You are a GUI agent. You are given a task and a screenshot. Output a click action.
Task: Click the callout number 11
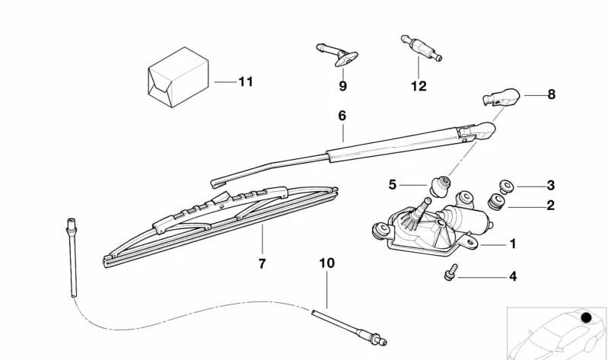point(244,81)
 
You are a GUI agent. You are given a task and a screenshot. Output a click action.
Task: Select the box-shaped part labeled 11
point(178,78)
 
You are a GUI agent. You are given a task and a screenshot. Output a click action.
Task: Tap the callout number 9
point(342,86)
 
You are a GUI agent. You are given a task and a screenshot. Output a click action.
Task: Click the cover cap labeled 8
point(501,97)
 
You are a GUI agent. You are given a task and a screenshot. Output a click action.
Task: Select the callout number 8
point(551,94)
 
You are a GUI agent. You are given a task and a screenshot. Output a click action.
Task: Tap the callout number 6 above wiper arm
point(342,116)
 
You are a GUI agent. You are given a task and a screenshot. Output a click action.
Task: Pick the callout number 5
point(393,184)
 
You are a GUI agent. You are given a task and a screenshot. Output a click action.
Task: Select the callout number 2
point(550,205)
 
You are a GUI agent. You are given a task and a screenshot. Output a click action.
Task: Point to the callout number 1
point(513,244)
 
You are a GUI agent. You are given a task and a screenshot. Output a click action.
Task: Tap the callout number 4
point(513,276)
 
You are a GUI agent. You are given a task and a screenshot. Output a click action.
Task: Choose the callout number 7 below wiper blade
point(262,263)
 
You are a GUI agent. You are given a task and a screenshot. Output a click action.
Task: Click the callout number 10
point(326,263)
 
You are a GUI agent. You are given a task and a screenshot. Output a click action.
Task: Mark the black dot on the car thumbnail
point(585,317)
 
